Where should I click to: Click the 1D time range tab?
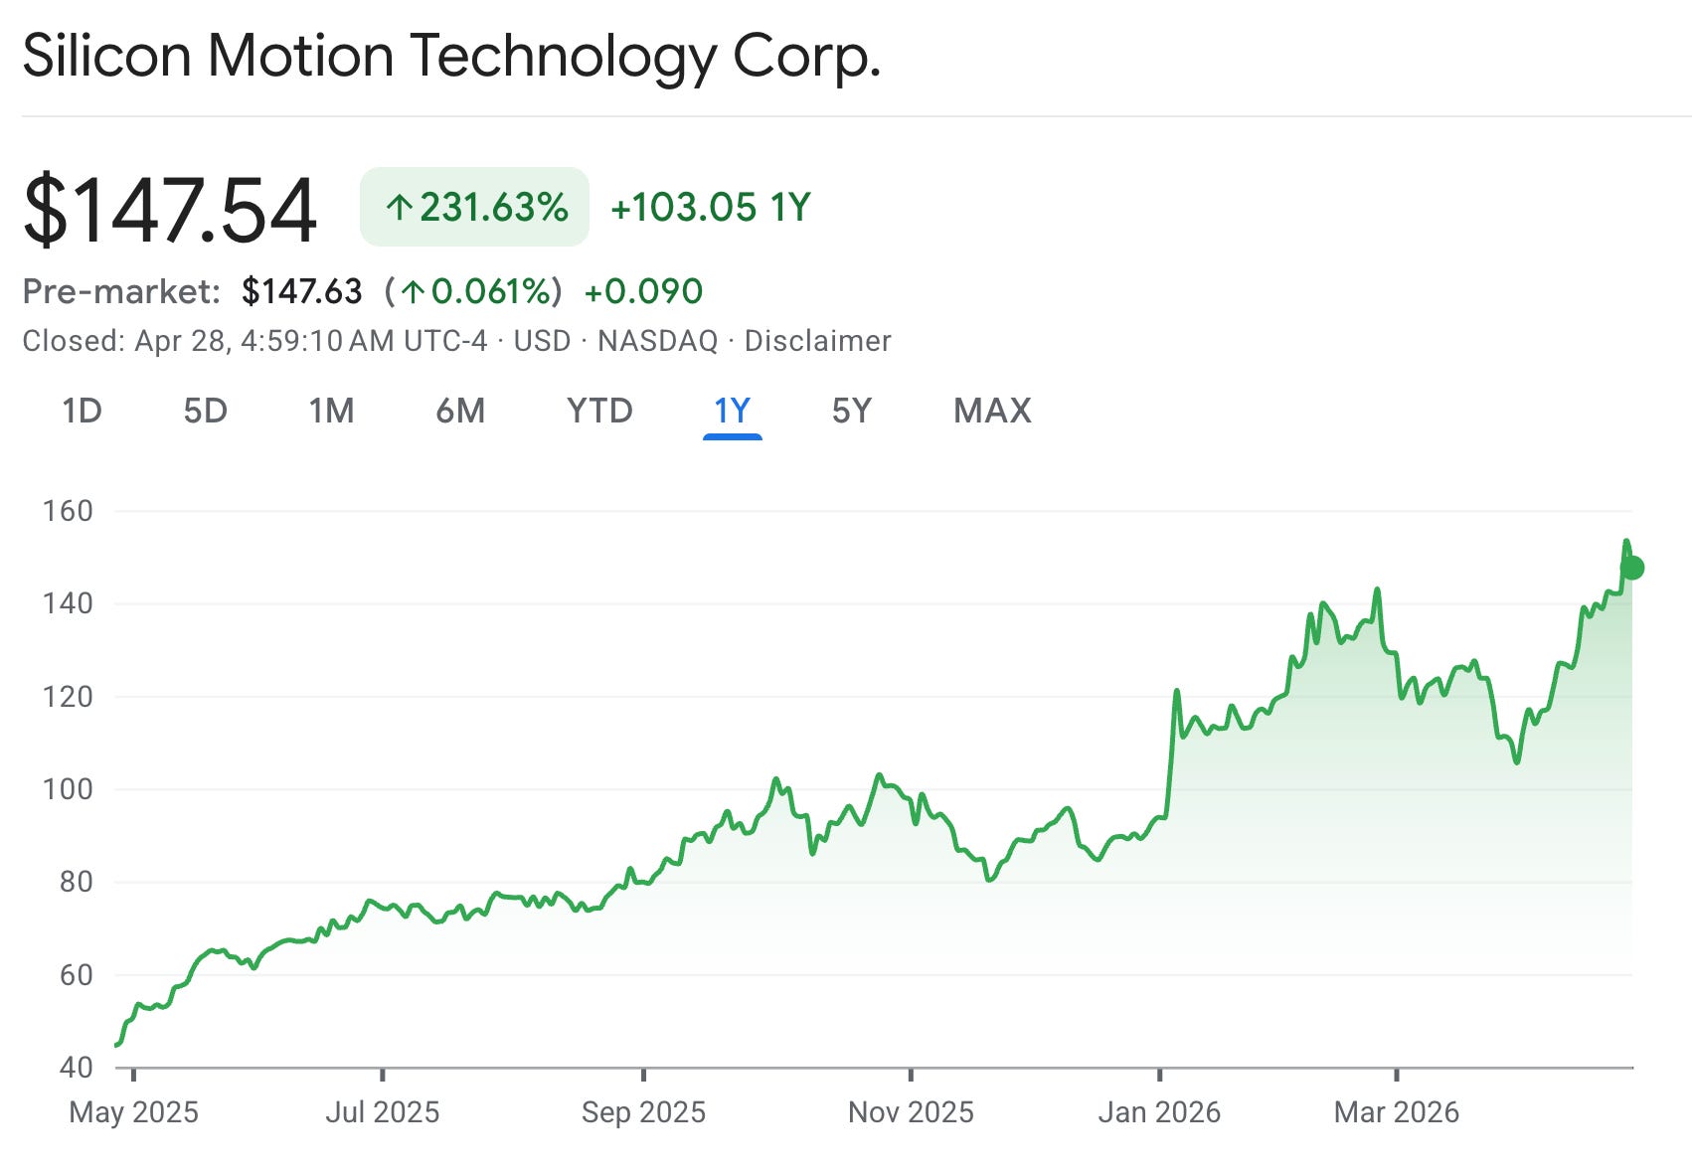tap(82, 411)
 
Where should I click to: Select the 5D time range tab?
tap(206, 411)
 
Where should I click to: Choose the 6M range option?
tap(460, 411)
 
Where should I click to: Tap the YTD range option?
tap(599, 411)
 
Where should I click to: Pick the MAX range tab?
tap(992, 411)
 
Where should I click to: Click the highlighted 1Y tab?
tap(732, 411)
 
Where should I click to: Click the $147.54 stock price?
tap(169, 209)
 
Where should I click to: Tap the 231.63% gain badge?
tap(474, 207)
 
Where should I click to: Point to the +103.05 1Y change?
tap(710, 207)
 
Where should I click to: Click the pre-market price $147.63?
tap(302, 291)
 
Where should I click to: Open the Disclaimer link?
tap(817, 341)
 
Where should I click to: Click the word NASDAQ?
tap(657, 341)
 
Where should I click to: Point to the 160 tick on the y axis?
tap(68, 511)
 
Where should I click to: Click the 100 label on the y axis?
tap(68, 789)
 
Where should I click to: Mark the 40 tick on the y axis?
tap(77, 1068)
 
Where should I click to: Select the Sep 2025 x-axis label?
tap(643, 1112)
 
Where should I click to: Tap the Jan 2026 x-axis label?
tap(1159, 1112)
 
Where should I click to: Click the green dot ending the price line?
tap(1632, 568)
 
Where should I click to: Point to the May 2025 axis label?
tap(133, 1112)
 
